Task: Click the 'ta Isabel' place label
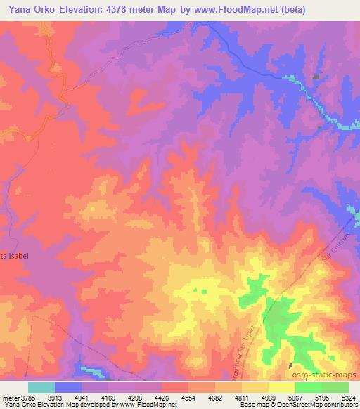(15, 255)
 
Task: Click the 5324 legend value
(349, 397)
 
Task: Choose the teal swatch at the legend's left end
(41, 387)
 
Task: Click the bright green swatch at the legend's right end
(335, 387)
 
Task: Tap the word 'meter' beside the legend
(13, 397)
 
